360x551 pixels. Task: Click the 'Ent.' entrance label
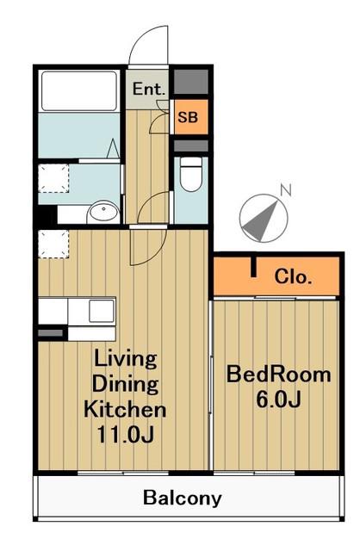[x=149, y=89]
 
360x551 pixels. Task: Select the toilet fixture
[x=191, y=174]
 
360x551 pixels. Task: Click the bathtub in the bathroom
[x=79, y=91]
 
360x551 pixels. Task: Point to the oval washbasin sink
[x=103, y=212]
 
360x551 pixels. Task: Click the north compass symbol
[x=264, y=218]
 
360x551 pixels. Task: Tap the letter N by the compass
[x=286, y=190]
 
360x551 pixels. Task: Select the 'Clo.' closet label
[x=293, y=276]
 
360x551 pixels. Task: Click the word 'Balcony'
[x=182, y=498]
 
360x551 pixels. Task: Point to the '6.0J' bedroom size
[x=278, y=399]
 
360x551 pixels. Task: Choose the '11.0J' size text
[x=125, y=434]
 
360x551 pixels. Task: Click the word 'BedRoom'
[x=278, y=375]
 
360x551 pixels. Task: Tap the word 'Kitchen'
[x=125, y=409]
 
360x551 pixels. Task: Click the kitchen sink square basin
[x=102, y=311]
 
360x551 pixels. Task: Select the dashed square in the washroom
[x=53, y=178]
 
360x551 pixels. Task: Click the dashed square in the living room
[x=53, y=244]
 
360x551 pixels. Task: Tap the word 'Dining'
[x=125, y=384]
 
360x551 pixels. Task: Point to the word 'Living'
[x=125, y=359]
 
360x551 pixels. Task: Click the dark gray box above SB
[x=191, y=82]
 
